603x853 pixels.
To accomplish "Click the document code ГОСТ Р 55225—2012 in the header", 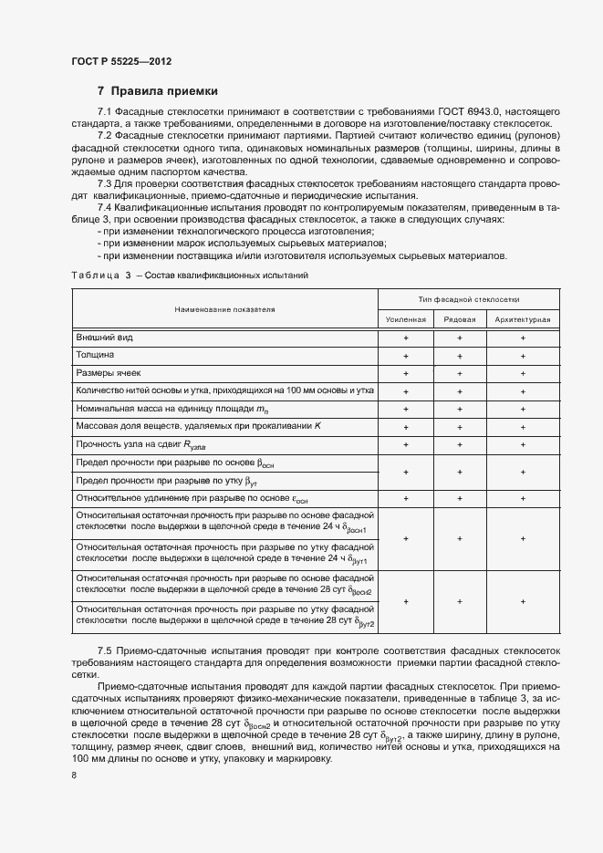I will pyautogui.click(x=121, y=61).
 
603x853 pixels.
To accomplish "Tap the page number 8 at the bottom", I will pyautogui.click(x=73, y=775).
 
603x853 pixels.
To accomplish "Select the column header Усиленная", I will pyautogui.click(x=406, y=319).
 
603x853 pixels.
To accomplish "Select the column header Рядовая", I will pyautogui.click(x=460, y=319).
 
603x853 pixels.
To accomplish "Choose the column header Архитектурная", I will pyautogui.click(x=523, y=319).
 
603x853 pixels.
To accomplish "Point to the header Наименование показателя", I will pyautogui.click(x=225, y=309).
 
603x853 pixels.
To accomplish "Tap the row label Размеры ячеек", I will pyautogui.click(x=109, y=373).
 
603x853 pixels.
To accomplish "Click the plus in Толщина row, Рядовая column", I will pyautogui.click(x=460, y=356).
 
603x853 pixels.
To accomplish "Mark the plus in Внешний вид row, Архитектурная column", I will pyautogui.click(x=523, y=338).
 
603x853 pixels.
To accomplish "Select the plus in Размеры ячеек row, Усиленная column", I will pyautogui.click(x=406, y=373).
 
